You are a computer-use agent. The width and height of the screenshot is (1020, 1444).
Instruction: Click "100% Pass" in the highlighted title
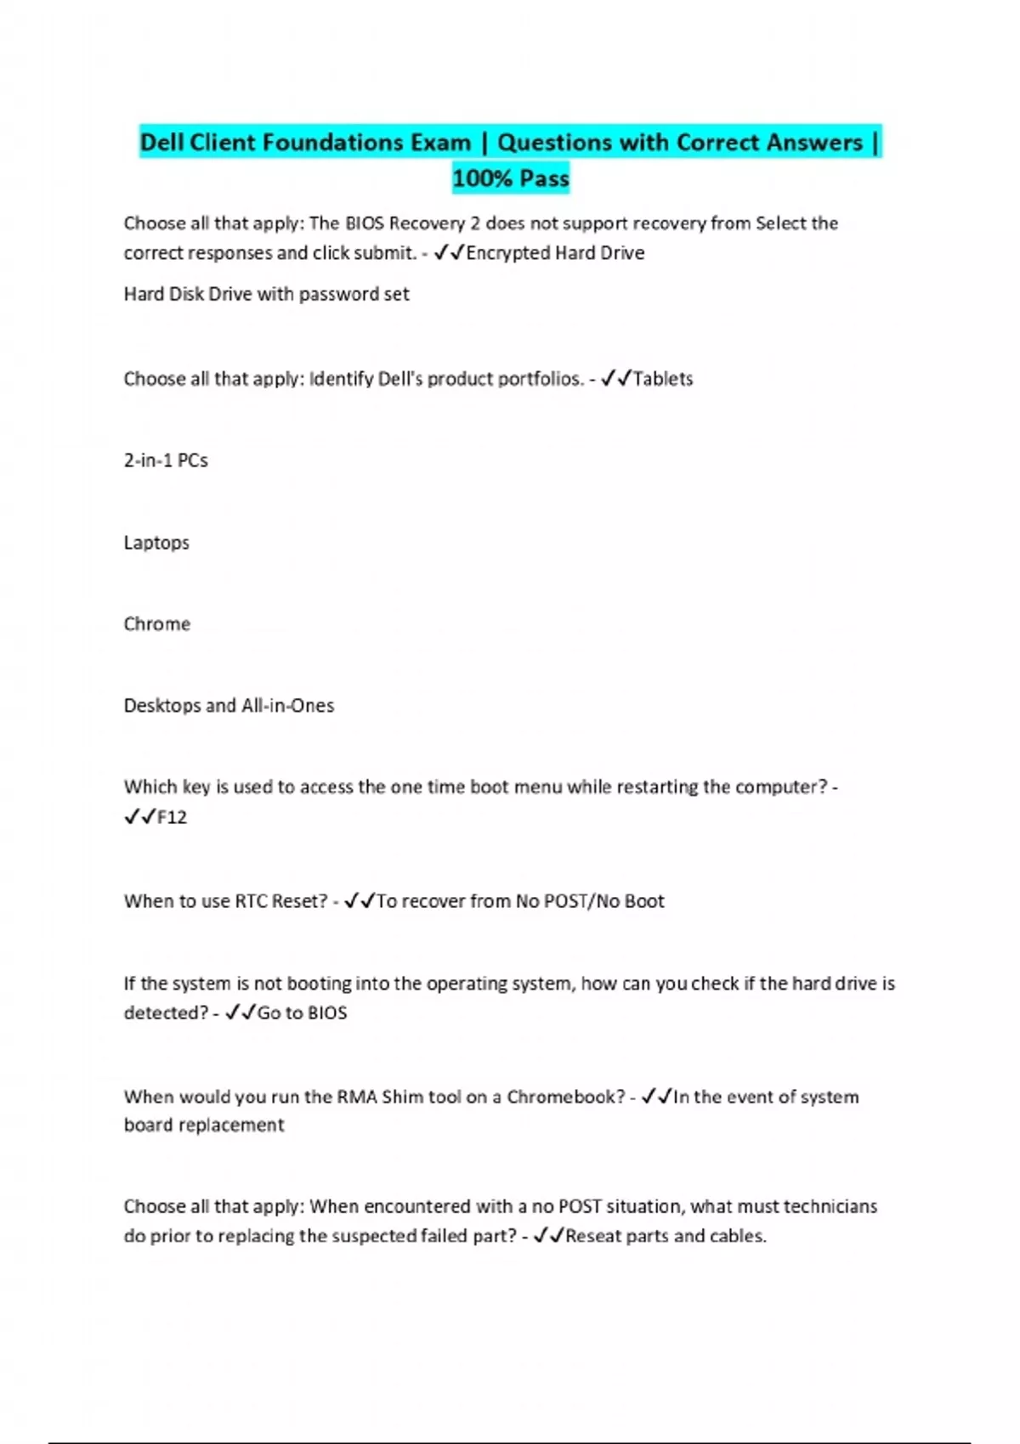click(511, 178)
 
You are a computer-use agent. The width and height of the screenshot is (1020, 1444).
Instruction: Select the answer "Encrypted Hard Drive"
click(555, 253)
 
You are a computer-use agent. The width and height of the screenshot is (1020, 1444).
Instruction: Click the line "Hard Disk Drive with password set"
click(266, 294)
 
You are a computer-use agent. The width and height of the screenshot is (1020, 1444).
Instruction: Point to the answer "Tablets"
click(663, 379)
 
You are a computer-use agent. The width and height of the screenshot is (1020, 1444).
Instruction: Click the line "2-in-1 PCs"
click(166, 460)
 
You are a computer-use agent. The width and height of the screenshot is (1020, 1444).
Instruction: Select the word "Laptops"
click(156, 543)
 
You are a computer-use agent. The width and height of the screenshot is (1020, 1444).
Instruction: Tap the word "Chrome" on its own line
click(157, 624)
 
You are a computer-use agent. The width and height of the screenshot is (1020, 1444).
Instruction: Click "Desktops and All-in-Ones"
click(229, 706)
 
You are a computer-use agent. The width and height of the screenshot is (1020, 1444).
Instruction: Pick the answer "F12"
click(172, 817)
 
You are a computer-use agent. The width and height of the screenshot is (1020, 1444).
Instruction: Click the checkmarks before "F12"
click(139, 817)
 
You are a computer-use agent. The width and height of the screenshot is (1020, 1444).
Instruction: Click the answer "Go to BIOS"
click(302, 1012)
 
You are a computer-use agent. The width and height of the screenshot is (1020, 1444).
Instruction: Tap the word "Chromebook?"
click(566, 1097)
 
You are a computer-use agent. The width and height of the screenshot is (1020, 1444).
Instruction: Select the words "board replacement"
click(204, 1125)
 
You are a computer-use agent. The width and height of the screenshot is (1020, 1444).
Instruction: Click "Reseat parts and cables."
click(666, 1236)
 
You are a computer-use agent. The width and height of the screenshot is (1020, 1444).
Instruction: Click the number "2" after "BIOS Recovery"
click(476, 223)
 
